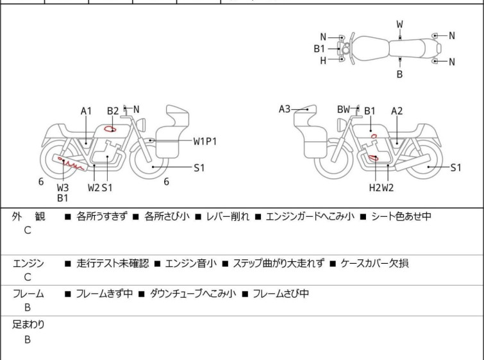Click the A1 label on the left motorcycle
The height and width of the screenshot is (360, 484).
pyautogui.click(x=87, y=111)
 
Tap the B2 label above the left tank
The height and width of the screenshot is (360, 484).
pyautogui.click(x=113, y=111)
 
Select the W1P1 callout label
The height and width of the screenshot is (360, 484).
pyautogui.click(x=205, y=141)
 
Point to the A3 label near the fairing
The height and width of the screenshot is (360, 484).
pyautogui.click(x=285, y=109)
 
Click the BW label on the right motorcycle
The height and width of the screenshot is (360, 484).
pyautogui.click(x=344, y=109)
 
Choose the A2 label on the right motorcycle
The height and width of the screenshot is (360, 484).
pyautogui.click(x=397, y=111)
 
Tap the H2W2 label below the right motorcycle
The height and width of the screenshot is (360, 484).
pyautogui.click(x=381, y=187)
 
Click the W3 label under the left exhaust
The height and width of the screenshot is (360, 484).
pyautogui.click(x=62, y=187)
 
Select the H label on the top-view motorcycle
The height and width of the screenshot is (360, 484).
pyautogui.click(x=323, y=60)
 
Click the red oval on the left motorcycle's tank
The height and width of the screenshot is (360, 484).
pyautogui.click(x=111, y=129)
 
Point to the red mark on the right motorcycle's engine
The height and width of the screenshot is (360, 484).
pyautogui.click(x=372, y=158)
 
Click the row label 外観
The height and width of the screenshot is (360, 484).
pyautogui.click(x=28, y=216)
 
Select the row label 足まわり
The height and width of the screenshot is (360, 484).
pyautogui.click(x=28, y=325)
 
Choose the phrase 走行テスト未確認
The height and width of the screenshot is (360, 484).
pyautogui.click(x=112, y=263)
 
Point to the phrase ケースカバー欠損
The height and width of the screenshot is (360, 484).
pyautogui.click(x=374, y=263)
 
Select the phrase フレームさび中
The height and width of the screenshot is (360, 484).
pyautogui.click(x=281, y=294)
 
